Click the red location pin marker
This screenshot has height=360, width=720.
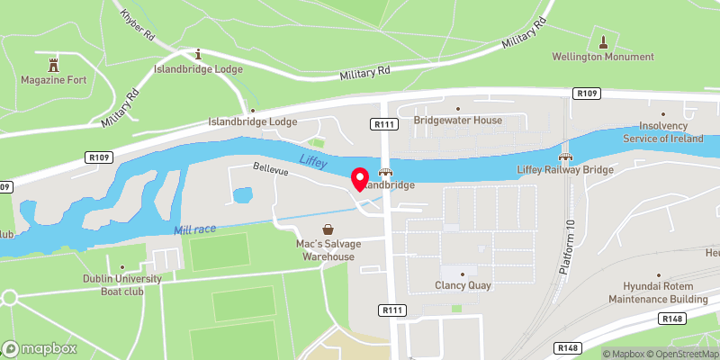358,179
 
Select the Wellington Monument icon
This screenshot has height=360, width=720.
603,41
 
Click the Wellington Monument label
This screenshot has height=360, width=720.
603,57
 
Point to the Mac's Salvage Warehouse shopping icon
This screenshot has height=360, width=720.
328,229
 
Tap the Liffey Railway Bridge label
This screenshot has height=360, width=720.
565,169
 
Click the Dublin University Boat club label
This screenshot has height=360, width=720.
121,285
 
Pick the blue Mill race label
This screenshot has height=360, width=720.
194,231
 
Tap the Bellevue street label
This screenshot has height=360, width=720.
270,168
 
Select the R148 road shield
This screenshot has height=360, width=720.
670,318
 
